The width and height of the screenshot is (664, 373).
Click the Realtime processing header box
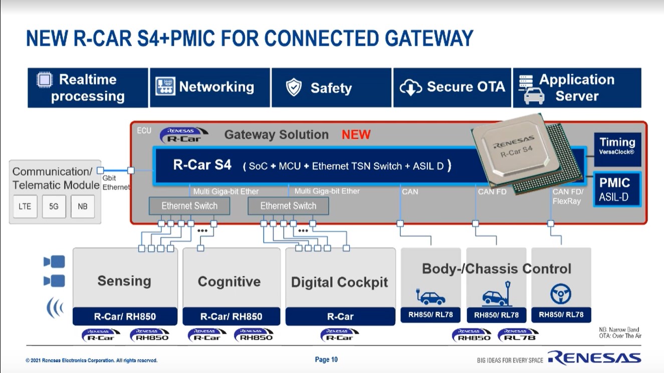88,88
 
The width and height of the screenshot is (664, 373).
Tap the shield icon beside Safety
294,88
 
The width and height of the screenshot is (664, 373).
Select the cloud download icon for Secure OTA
410,88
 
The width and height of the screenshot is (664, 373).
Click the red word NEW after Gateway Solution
356,135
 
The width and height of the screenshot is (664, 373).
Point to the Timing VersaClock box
617,145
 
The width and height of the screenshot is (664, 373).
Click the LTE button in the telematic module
25,206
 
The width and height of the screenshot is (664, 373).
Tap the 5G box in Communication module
54,206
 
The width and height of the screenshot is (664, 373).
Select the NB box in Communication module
83,206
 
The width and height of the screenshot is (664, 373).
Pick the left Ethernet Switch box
189,206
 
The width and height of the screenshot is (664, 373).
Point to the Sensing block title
124,281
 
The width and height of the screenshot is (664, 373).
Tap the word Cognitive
229,281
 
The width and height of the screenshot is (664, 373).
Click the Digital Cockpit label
339,282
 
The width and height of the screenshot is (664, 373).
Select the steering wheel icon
561,294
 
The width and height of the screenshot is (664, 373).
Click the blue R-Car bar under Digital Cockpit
340,316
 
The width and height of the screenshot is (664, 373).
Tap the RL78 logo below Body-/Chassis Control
518,335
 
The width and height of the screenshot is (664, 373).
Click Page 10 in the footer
326,359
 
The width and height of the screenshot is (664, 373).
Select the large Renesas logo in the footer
594,358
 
